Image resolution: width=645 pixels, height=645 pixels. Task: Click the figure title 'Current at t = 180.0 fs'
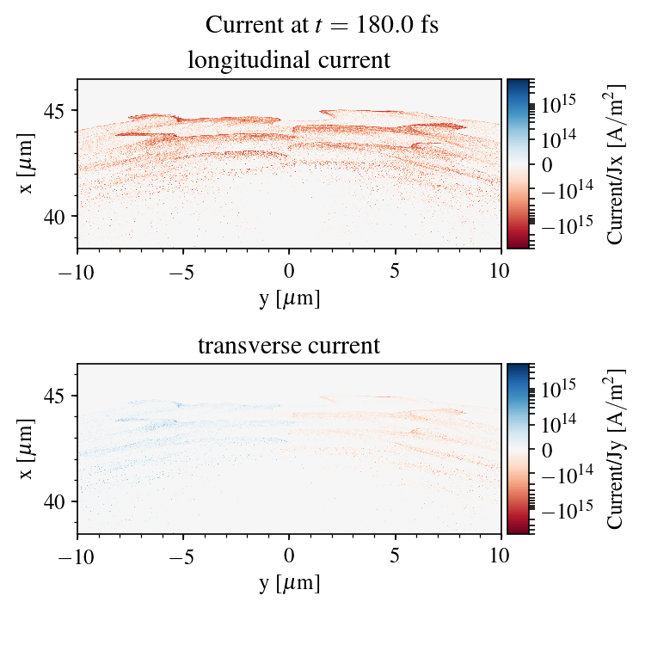click(322, 24)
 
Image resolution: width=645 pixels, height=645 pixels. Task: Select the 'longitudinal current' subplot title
click(289, 61)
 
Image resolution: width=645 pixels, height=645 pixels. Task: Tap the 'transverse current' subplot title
click(289, 347)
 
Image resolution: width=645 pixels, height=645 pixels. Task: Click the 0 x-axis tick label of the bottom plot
click(289, 556)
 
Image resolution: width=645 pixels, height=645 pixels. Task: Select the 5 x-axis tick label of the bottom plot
click(396, 556)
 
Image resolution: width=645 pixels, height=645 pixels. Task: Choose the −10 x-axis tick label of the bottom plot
click(77, 556)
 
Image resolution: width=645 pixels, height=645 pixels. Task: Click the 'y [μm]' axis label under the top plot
click(289, 298)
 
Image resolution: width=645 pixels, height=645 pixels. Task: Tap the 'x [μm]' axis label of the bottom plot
click(28, 449)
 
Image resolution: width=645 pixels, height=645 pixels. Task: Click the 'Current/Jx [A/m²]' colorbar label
click(616, 163)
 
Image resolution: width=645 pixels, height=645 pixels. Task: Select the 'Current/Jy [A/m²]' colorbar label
click(616, 449)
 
